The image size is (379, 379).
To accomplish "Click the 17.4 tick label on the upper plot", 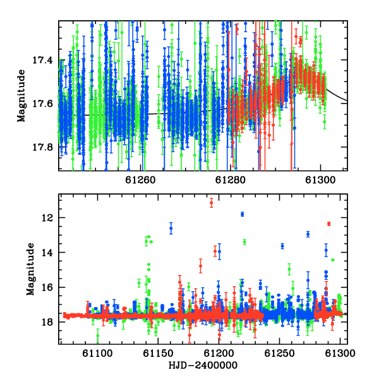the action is click(42, 60).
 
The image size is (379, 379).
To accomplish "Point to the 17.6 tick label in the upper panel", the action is click(42, 104).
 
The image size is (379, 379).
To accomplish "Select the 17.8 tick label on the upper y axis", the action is click(42, 147).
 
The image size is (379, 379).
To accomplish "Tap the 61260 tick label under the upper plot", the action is click(140, 180).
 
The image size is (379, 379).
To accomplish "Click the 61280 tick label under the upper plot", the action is click(231, 180).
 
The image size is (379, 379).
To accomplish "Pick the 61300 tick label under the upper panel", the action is click(320, 180).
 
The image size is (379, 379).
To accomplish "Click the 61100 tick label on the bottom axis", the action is click(97, 353).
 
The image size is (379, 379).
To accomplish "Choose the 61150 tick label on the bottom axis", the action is click(158, 353).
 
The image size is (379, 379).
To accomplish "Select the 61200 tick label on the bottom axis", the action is click(219, 353).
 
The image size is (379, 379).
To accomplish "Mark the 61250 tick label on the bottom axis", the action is click(280, 353).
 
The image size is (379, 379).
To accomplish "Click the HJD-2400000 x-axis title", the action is click(203, 365).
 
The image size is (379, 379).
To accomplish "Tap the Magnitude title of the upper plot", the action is click(21, 96).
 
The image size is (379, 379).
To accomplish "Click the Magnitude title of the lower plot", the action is click(30, 269).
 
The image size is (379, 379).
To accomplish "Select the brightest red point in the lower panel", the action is click(212, 203).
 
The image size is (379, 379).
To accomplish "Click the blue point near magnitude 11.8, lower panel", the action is click(243, 214).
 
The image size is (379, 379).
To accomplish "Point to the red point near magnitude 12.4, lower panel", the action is click(328, 224).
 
